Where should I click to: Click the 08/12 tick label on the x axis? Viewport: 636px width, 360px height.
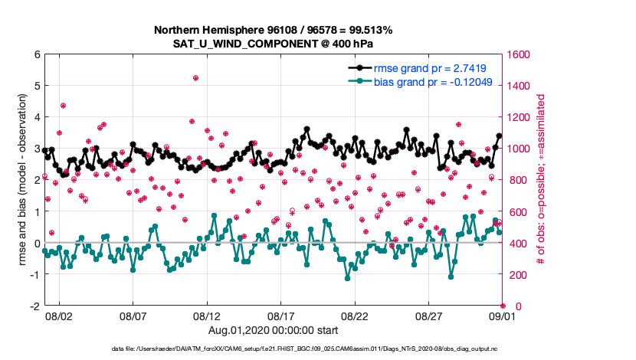click(207, 316)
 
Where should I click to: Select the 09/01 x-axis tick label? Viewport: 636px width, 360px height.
click(503, 316)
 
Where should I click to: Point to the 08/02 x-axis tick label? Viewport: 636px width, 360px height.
click(59, 316)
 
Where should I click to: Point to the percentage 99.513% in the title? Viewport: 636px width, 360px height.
click(372, 30)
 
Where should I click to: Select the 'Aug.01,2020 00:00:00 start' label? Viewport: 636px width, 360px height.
click(274, 330)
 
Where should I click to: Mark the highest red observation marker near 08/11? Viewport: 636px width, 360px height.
click(195, 78)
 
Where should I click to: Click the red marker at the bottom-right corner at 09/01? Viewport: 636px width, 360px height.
click(503, 306)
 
